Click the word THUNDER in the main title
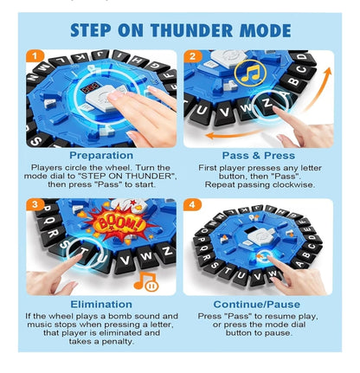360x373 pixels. (x=192, y=30)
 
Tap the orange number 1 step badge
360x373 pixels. (x=35, y=56)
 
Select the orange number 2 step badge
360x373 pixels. (x=192, y=56)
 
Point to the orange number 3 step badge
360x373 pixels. (x=35, y=204)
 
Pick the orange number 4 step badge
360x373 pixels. (x=192, y=204)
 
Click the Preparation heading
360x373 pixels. (x=101, y=155)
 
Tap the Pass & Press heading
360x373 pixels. (x=259, y=156)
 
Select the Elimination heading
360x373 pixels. (x=101, y=305)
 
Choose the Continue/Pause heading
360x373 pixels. (x=257, y=305)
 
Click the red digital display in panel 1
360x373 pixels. (x=89, y=89)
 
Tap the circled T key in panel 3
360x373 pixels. (x=84, y=252)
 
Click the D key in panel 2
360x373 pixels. (x=303, y=58)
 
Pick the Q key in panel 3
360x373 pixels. (x=49, y=222)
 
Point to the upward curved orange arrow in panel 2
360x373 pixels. (x=318, y=88)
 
